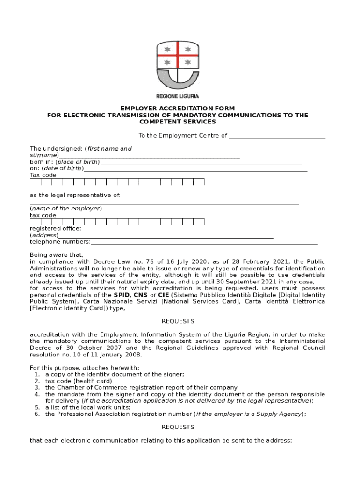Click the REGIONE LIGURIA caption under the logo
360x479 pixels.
coord(178,96)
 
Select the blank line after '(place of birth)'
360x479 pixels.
coord(201,164)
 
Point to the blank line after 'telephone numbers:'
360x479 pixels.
coord(204,244)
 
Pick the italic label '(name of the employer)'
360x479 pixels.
coord(66,208)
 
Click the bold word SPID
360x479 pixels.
coord(122,295)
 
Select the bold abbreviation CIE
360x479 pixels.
coord(163,295)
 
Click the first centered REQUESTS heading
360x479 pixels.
coord(178,321)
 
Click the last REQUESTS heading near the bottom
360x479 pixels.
coord(178,427)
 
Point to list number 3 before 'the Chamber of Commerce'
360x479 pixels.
coord(37,387)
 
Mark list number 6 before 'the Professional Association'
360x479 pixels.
coord(37,414)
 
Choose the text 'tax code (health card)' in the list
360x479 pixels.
coord(79,381)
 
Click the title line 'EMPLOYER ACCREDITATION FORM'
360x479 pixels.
coord(178,109)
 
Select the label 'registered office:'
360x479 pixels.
coord(56,228)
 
